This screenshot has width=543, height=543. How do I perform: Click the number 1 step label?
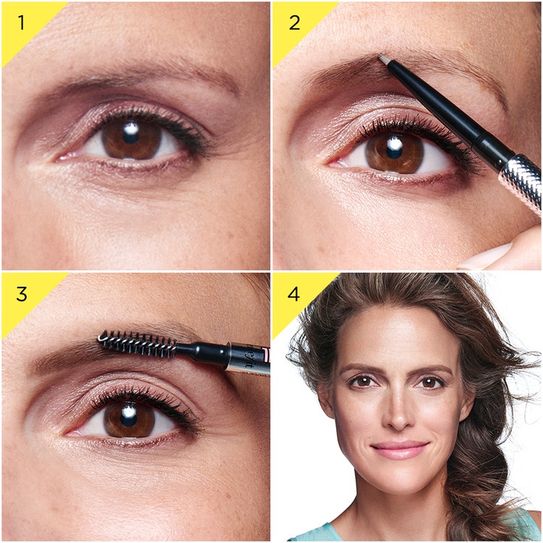pos(21,22)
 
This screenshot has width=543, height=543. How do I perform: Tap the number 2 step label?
pos(294,22)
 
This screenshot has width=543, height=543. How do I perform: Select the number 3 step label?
pos(21,295)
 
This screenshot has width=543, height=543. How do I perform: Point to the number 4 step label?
pos(294,295)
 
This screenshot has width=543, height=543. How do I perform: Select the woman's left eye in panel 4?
pos(432,382)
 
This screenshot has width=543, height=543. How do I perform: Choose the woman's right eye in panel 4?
pos(362,381)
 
